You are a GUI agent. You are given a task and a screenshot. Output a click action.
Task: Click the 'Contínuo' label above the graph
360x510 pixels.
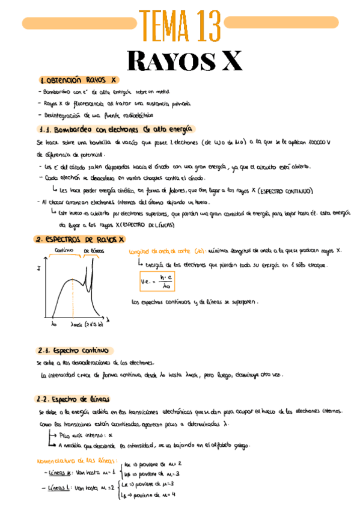[64, 250]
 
